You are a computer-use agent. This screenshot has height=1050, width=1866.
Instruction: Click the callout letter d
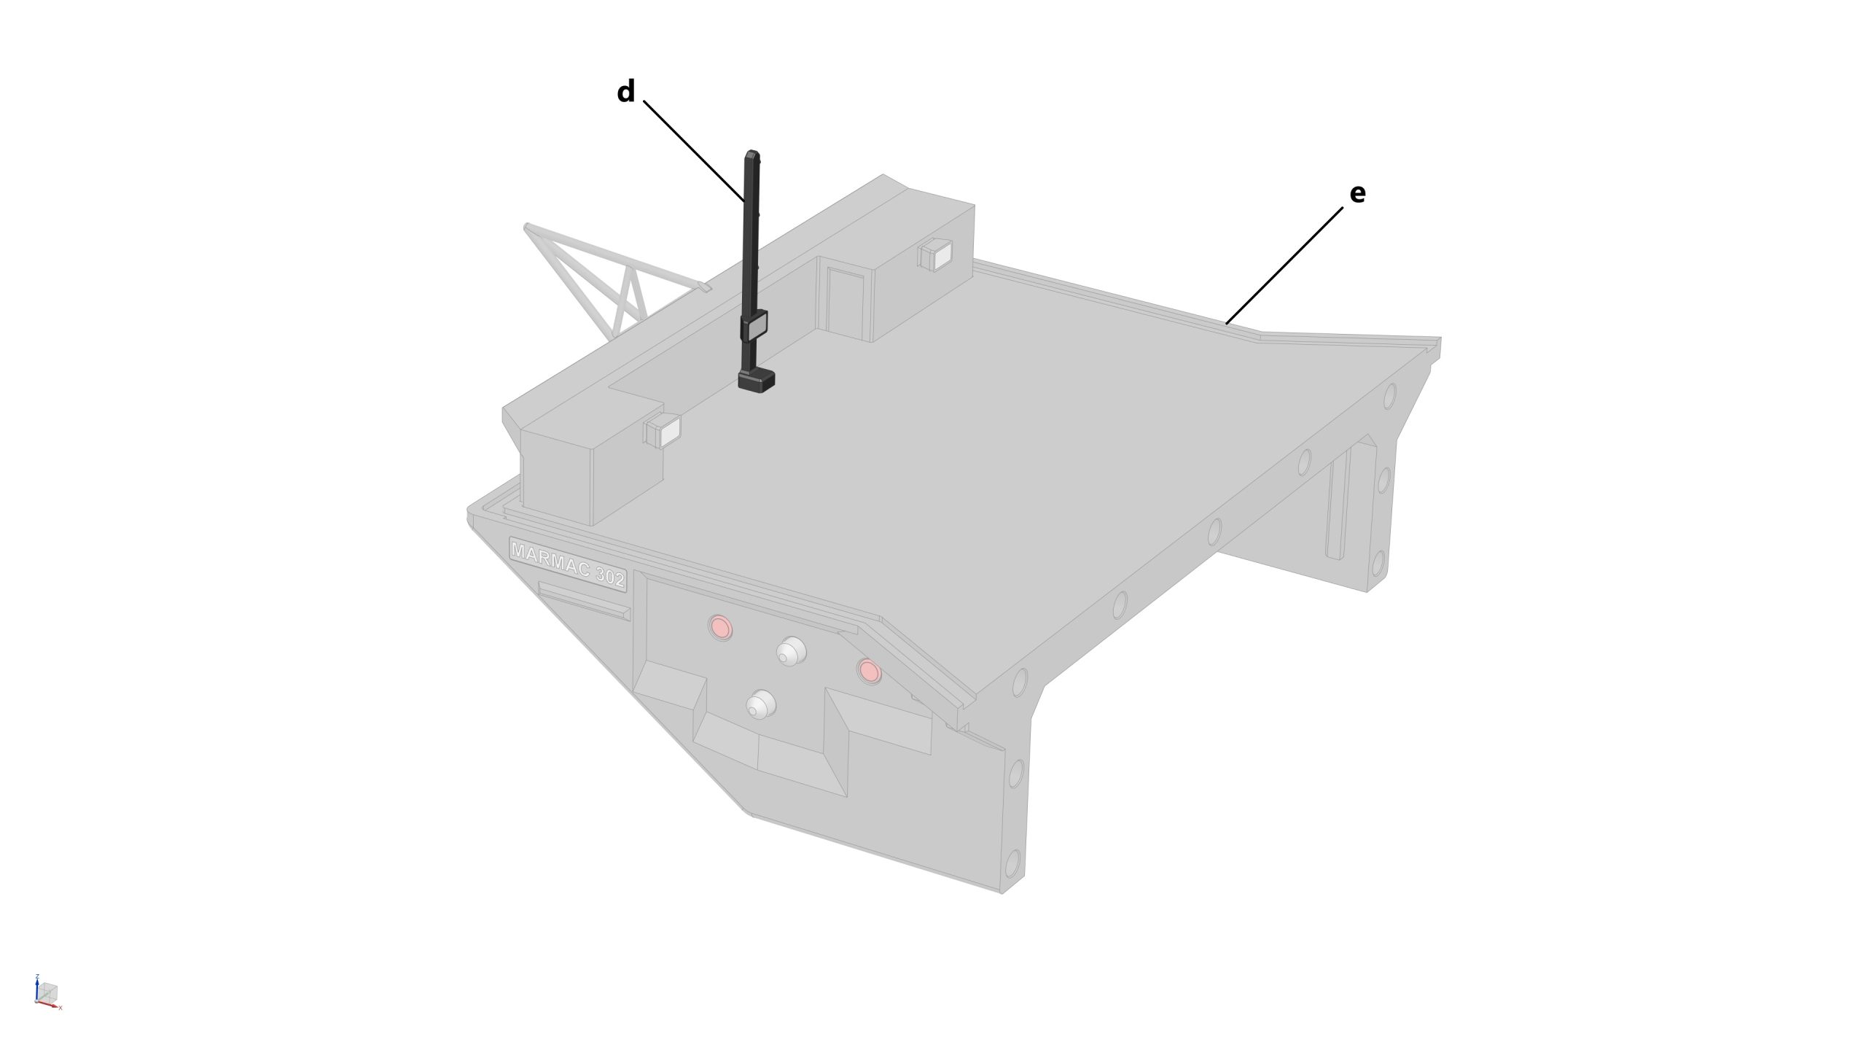[625, 93]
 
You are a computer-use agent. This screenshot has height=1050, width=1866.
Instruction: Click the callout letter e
[1357, 194]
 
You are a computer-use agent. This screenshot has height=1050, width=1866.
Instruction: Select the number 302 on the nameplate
[609, 578]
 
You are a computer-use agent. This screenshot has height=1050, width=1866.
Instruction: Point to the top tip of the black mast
[752, 152]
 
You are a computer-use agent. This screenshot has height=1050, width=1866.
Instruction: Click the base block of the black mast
[756, 381]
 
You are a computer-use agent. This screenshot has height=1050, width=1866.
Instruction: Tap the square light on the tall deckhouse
[935, 255]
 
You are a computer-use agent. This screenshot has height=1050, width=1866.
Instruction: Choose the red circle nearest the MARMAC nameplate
[720, 626]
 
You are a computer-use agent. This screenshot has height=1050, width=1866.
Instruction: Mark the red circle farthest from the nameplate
[868, 670]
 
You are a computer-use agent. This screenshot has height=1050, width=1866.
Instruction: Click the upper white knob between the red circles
[789, 651]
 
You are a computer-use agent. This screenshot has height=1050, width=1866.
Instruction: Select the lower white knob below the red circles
[760, 704]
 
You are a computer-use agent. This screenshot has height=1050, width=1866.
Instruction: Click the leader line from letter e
[1284, 265]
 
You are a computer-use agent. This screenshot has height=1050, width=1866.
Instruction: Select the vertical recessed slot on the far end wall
[1338, 503]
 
